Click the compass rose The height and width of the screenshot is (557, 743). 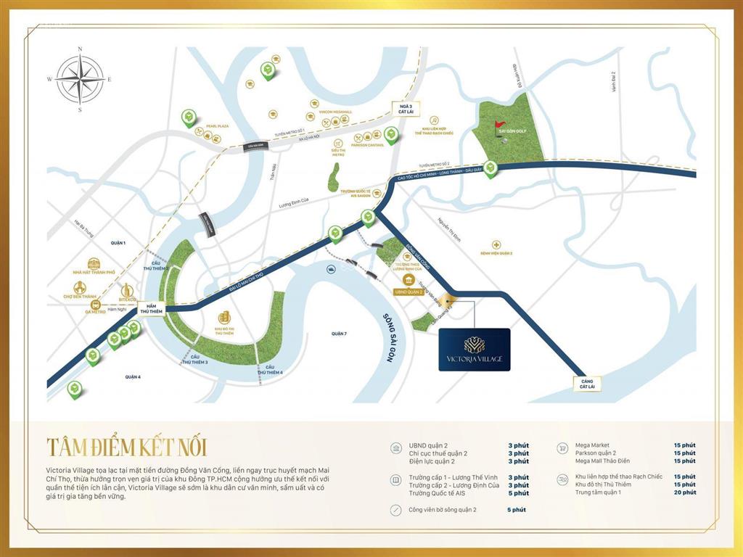point(80,79)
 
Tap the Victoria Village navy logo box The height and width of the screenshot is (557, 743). point(475,350)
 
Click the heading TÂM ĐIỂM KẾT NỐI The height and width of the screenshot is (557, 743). point(131,445)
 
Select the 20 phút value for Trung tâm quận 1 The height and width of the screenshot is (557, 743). point(684,492)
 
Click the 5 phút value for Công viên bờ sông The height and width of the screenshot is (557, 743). point(517,510)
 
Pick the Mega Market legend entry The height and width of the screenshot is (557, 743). point(592,445)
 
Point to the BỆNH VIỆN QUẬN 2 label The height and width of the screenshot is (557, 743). point(496,253)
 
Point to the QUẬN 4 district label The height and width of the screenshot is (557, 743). point(132,377)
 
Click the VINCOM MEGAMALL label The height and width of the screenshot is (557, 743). point(335,112)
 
